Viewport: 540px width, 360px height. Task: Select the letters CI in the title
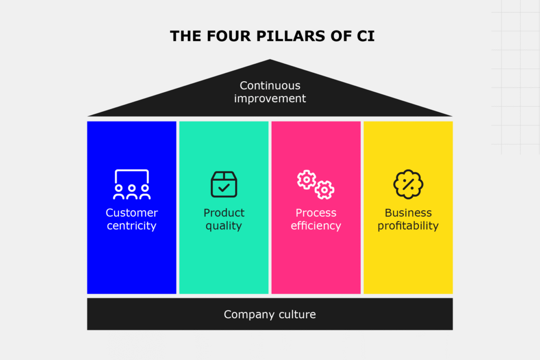point(365,36)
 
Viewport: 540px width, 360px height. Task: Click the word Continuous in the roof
point(270,85)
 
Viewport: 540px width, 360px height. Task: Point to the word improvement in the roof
point(270,99)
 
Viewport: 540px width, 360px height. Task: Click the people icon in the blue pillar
point(132,184)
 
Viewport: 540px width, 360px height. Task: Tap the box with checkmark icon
point(224,184)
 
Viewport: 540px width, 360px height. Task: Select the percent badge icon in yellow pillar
point(408,184)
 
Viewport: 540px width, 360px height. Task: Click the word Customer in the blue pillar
point(132,213)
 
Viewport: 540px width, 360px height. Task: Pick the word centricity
point(132,226)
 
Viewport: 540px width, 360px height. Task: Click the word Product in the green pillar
point(224,213)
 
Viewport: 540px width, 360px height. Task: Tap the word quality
point(224,226)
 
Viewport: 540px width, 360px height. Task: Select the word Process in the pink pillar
point(316,213)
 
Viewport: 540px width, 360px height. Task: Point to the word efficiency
point(316,226)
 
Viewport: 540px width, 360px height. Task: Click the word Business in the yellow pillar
point(408,213)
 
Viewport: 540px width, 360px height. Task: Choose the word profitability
point(408,226)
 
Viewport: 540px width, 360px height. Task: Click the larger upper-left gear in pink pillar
point(306,179)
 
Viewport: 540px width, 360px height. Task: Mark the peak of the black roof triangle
point(270,61)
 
